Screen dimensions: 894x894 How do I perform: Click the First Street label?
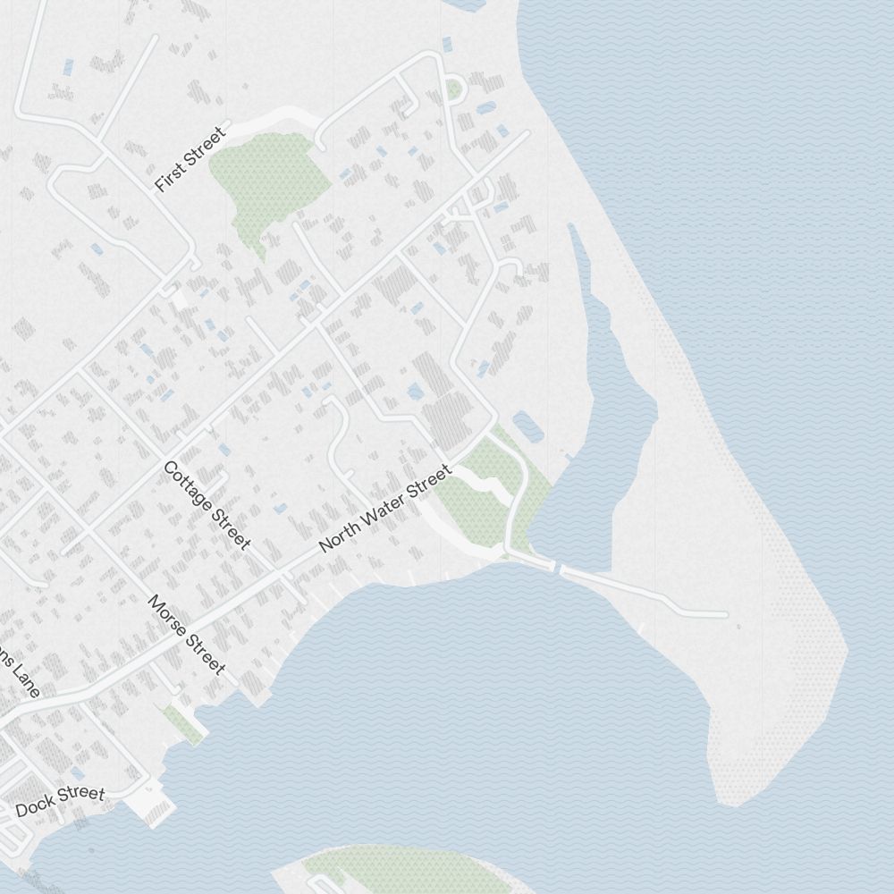(190, 160)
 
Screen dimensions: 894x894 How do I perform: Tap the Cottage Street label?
(207, 504)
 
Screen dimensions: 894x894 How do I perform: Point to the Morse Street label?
(186, 634)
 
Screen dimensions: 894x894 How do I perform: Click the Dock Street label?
(60, 801)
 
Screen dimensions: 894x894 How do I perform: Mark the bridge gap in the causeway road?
(557, 568)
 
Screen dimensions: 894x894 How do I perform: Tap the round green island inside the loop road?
(454, 90)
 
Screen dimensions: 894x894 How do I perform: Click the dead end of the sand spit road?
(726, 615)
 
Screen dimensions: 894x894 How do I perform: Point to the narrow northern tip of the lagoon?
(571, 231)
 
